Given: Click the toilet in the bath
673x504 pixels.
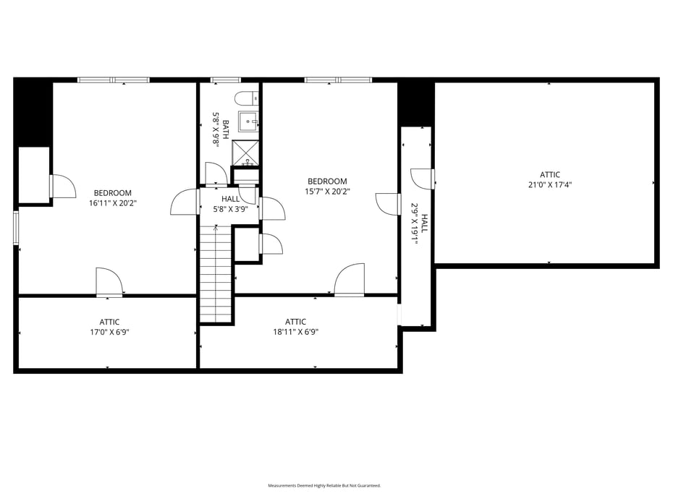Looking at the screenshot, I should tap(244, 98).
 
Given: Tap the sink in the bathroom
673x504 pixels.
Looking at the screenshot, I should tap(248, 121).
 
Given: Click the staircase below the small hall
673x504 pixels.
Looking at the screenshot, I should tap(216, 275).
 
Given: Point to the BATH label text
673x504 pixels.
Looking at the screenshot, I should tap(226, 130).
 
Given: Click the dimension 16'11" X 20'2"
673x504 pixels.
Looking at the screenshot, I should tap(113, 203).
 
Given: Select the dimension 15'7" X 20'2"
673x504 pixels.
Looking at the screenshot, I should tap(327, 192).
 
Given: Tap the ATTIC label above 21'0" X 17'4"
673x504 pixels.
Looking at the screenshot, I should tap(550, 174).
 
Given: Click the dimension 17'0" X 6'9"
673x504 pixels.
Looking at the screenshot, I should tap(109, 332).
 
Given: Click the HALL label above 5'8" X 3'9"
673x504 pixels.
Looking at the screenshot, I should tap(230, 199).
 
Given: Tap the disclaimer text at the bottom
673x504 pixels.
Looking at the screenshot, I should tap(324, 485).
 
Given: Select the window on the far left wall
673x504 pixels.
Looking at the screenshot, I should tap(16, 228).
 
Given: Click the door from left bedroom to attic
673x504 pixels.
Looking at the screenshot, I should tap(109, 283).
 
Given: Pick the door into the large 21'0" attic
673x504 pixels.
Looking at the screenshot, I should tap(423, 179).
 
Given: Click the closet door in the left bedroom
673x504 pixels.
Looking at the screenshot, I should tap(62, 186).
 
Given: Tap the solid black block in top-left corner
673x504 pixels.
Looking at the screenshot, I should tap(33, 112).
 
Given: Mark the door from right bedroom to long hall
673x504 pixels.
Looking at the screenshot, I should tap(389, 204).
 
